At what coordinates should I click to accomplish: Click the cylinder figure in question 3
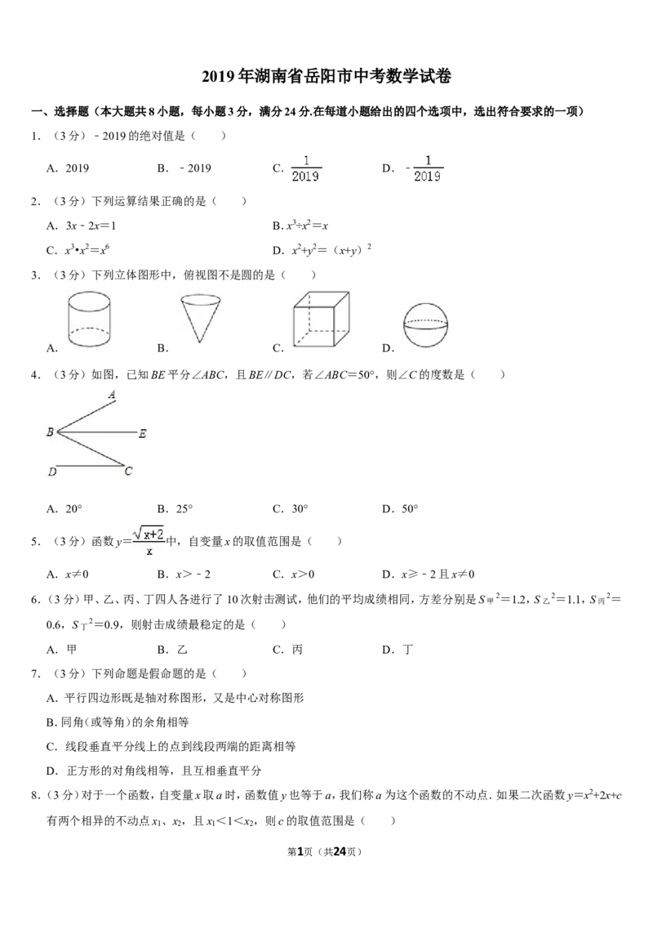[x=89, y=319]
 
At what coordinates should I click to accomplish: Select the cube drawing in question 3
[x=322, y=320]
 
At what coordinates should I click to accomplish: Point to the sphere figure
[x=425, y=326]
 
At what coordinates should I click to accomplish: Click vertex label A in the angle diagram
[x=112, y=395]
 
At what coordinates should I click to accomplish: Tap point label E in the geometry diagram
[x=143, y=434]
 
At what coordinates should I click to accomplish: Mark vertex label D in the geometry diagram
[x=52, y=472]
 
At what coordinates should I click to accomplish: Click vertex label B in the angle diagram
[x=50, y=432]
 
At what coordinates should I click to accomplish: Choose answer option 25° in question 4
[x=175, y=509]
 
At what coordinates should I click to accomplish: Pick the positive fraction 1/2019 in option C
[x=306, y=168]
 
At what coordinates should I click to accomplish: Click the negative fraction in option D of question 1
[x=424, y=168]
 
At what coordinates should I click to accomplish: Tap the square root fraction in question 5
[x=149, y=542]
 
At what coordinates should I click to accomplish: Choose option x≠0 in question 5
[x=68, y=574]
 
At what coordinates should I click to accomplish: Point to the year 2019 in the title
[x=218, y=77]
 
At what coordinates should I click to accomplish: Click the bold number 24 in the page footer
[x=340, y=851]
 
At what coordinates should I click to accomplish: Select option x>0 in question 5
[x=294, y=574]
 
